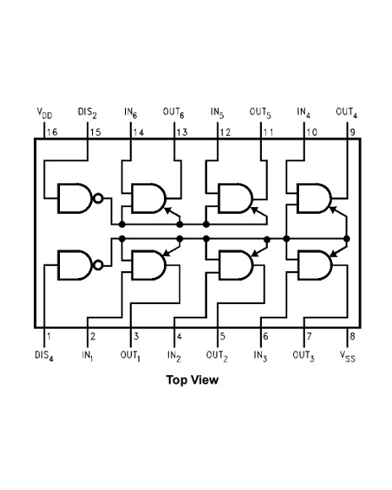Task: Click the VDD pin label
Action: pos(43,112)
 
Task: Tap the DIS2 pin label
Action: pos(87,112)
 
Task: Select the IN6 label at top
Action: pos(131,112)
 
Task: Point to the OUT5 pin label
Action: pos(260,112)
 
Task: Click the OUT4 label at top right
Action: pos(346,112)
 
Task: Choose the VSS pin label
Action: pos(347,356)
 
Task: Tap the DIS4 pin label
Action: pos(43,356)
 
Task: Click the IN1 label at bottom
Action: pos(87,356)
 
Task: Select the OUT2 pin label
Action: pos(217,356)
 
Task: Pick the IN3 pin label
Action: pos(260,356)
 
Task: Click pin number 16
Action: pos(52,133)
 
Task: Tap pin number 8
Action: pos(351,336)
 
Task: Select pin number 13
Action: pos(182,133)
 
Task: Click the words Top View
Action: pos(193,380)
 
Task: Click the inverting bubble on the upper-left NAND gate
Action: pos(99,199)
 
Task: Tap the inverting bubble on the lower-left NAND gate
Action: pos(99,265)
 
